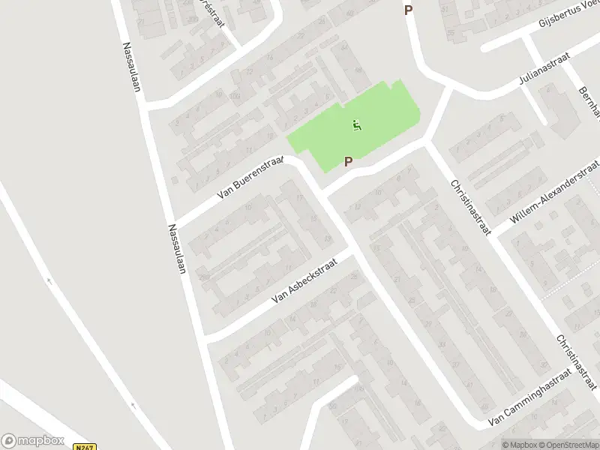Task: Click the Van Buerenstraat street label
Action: tap(250, 178)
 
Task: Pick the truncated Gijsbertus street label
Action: tap(570, 16)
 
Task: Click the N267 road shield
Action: tap(85, 446)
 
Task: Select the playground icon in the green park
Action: tap(357, 124)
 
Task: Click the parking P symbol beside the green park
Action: tap(349, 161)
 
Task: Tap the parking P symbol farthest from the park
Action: tap(409, 10)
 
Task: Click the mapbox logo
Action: tap(31, 441)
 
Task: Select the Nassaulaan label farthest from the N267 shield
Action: tap(133, 66)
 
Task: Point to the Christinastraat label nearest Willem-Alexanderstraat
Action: tap(469, 207)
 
